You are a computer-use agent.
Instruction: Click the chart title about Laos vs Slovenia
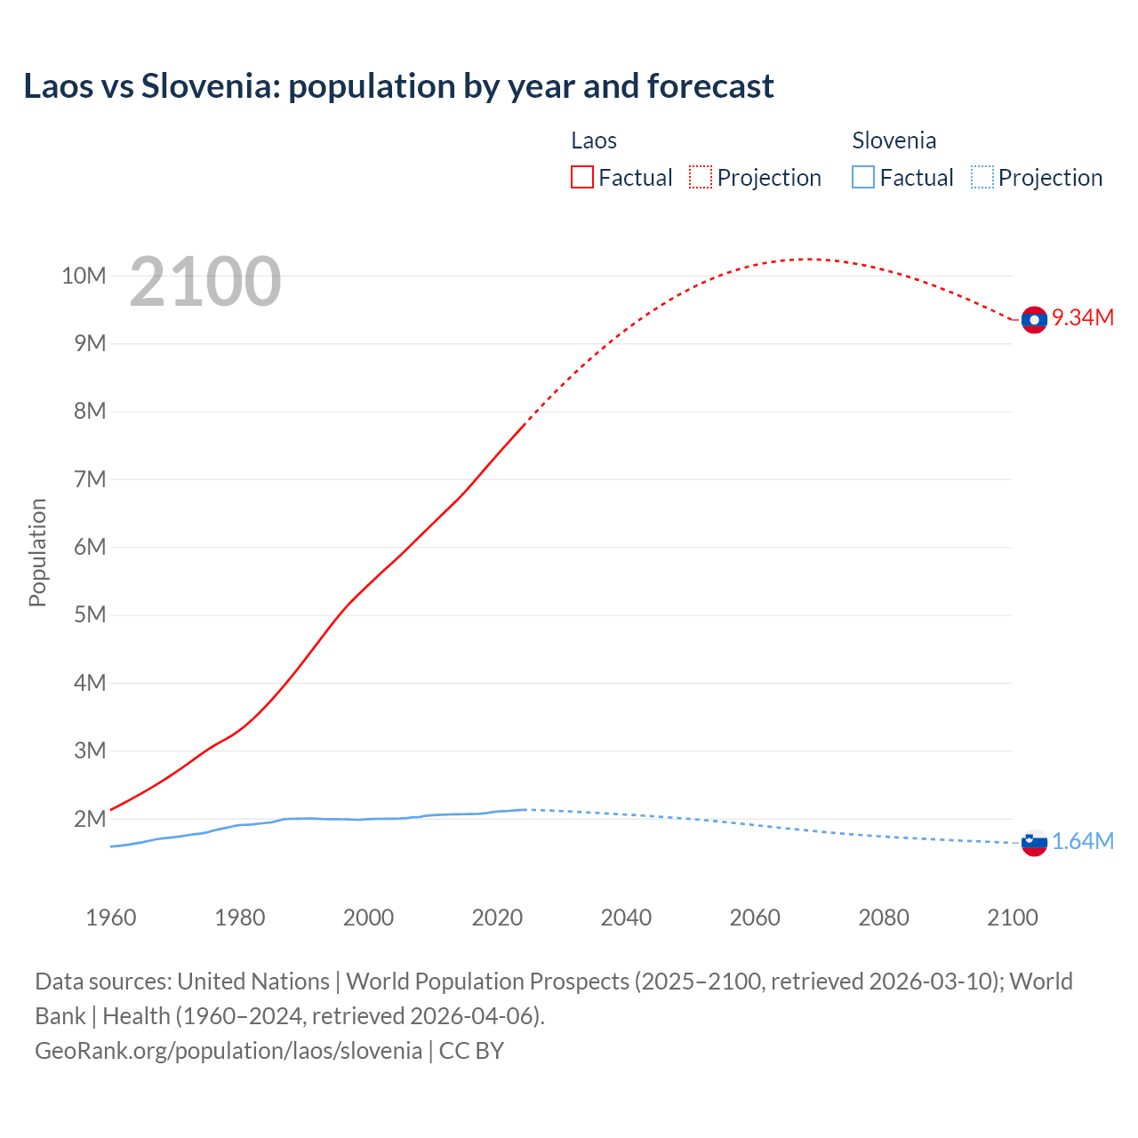[x=398, y=86]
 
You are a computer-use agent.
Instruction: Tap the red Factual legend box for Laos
[x=581, y=177]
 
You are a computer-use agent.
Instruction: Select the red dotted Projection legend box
[x=701, y=177]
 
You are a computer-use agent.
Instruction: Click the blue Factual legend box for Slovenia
[x=862, y=177]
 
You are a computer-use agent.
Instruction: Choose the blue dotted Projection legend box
[x=982, y=177]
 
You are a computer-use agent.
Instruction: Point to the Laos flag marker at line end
[x=1034, y=320]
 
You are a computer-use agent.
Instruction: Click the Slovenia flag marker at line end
[x=1034, y=842]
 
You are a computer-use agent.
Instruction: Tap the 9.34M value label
[x=1083, y=317]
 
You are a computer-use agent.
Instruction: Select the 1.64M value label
[x=1083, y=841]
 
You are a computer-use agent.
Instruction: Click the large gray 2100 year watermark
[x=205, y=282]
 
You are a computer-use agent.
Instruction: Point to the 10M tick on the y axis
[x=84, y=276]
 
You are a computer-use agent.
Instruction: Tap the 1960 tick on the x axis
[x=111, y=918]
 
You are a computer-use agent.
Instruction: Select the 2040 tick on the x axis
[x=626, y=918]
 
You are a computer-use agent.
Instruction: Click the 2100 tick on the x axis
[x=1012, y=918]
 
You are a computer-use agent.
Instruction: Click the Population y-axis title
[x=37, y=552]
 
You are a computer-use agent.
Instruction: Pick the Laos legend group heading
[x=593, y=140]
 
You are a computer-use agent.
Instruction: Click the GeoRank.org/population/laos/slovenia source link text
[x=228, y=1050]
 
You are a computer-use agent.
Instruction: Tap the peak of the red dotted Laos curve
[x=807, y=259]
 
